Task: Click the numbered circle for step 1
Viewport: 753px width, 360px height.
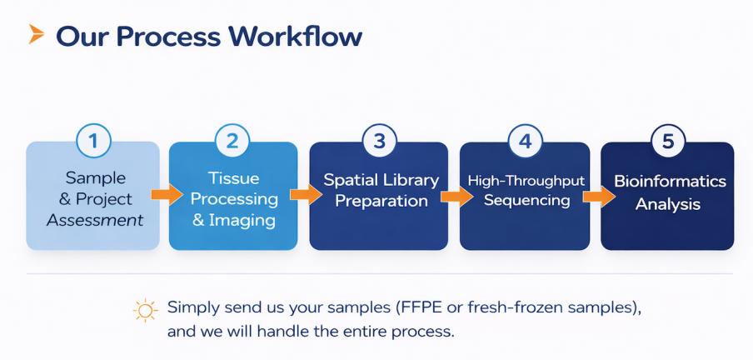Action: (x=93, y=142)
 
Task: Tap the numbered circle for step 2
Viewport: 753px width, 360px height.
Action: (x=232, y=142)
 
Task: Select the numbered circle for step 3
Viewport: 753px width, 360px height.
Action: (x=379, y=142)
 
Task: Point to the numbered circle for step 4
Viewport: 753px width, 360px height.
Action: (x=525, y=142)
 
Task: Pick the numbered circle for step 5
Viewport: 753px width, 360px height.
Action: (x=668, y=142)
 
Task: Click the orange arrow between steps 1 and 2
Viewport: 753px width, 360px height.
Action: (x=164, y=196)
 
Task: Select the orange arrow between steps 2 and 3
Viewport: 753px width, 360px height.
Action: (x=304, y=196)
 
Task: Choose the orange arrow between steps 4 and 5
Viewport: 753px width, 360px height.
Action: (x=596, y=197)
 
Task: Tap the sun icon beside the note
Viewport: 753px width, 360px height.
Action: (x=145, y=310)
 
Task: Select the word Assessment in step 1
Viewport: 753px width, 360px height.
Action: (x=95, y=221)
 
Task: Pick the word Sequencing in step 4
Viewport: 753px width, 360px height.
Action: (x=526, y=201)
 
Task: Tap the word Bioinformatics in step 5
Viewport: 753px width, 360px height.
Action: (x=670, y=182)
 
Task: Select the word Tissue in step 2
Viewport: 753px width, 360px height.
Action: (x=234, y=178)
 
